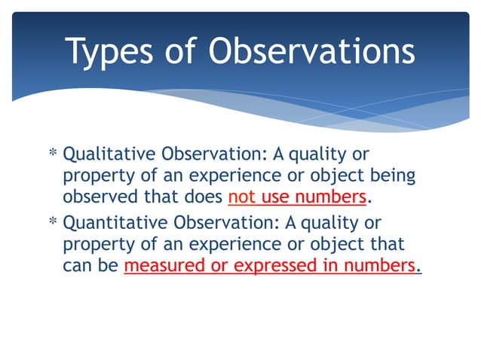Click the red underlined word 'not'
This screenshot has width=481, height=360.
[240, 198]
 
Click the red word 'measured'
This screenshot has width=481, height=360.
[164, 267]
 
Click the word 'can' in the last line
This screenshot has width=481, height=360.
[75, 267]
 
